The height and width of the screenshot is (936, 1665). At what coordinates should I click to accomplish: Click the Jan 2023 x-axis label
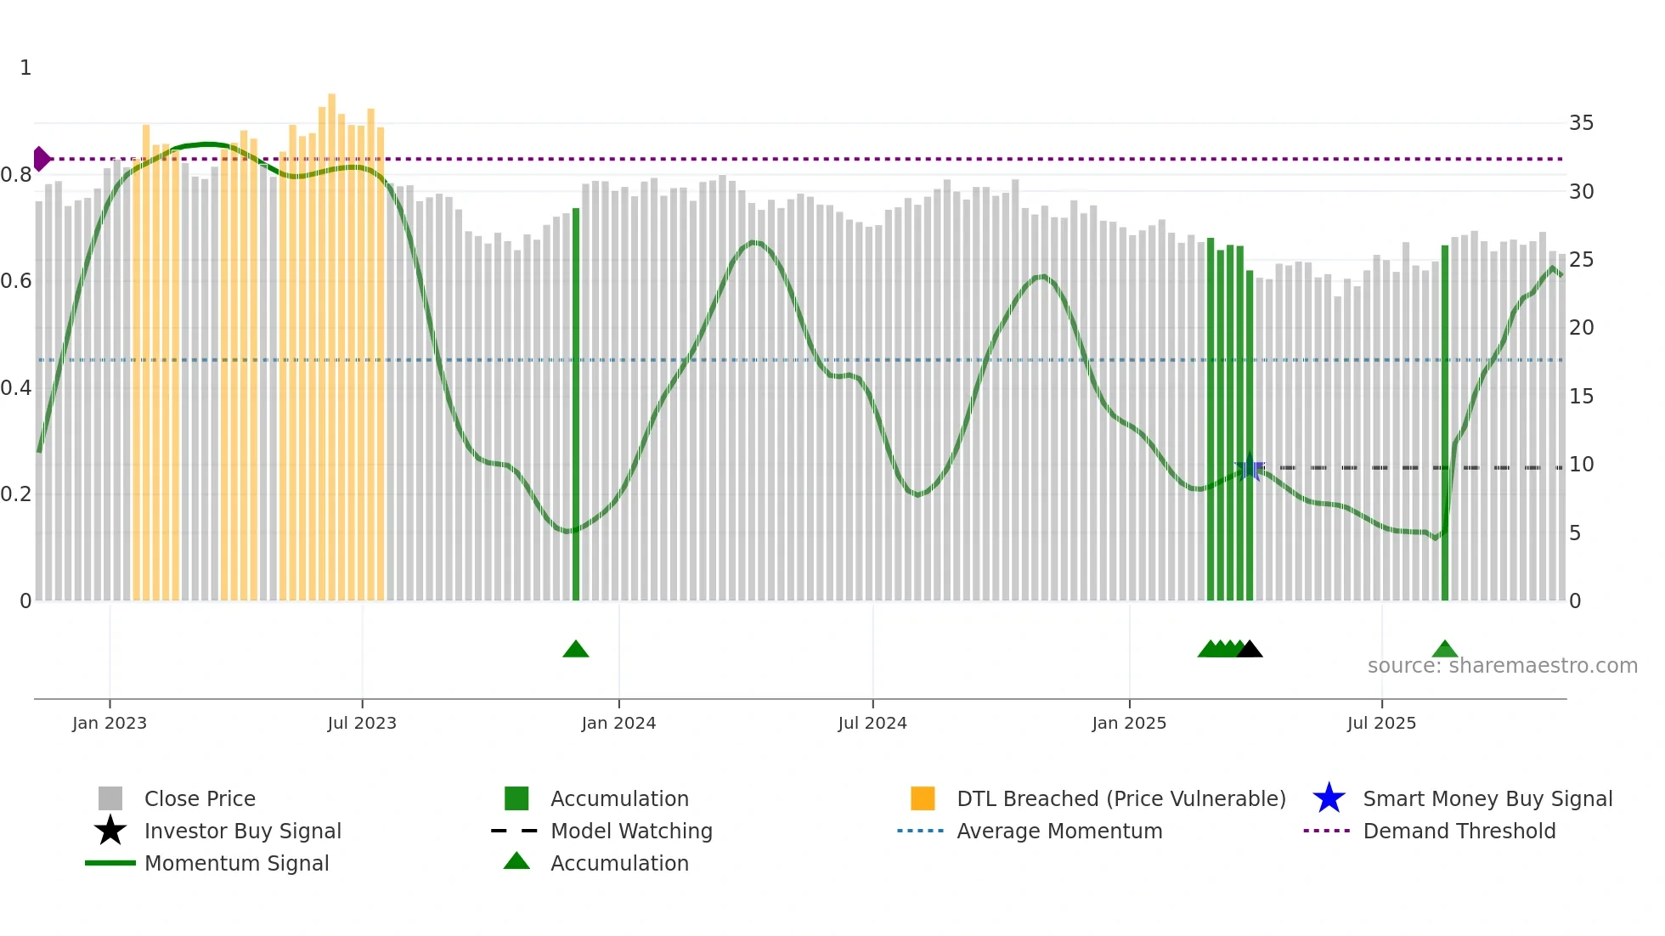(x=110, y=723)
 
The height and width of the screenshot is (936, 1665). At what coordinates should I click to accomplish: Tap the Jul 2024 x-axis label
(x=872, y=723)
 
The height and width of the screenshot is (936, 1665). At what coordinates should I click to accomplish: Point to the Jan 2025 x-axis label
(x=1129, y=723)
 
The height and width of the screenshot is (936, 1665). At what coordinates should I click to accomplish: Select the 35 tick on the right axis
(x=1581, y=123)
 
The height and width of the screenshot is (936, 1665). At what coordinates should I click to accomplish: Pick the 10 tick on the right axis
(x=1581, y=465)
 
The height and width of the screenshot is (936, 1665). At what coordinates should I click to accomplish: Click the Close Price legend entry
(x=200, y=798)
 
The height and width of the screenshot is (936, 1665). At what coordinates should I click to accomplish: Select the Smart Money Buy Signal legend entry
(x=1487, y=798)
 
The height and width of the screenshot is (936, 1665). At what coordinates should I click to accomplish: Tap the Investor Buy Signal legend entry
(x=242, y=831)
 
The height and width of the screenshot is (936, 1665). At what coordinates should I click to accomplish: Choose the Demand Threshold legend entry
(x=1459, y=831)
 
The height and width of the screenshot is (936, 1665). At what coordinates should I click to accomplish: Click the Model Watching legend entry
(x=631, y=831)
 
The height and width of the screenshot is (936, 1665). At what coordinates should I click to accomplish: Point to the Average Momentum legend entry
(x=1059, y=831)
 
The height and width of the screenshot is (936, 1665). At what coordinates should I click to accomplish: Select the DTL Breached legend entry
(x=1120, y=798)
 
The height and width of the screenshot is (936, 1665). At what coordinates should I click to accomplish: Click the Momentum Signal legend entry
(x=236, y=863)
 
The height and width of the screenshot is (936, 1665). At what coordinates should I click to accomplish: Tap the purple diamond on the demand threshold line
(x=41, y=159)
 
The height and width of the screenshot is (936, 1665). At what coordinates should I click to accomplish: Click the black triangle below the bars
(x=1250, y=650)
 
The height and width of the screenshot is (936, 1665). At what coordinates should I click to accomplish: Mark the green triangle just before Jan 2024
(x=576, y=650)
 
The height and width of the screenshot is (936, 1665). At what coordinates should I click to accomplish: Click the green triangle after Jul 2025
(x=1445, y=650)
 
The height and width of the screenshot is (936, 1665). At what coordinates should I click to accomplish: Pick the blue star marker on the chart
(x=1250, y=468)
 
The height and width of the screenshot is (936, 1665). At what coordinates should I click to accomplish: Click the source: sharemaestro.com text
(x=1502, y=666)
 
